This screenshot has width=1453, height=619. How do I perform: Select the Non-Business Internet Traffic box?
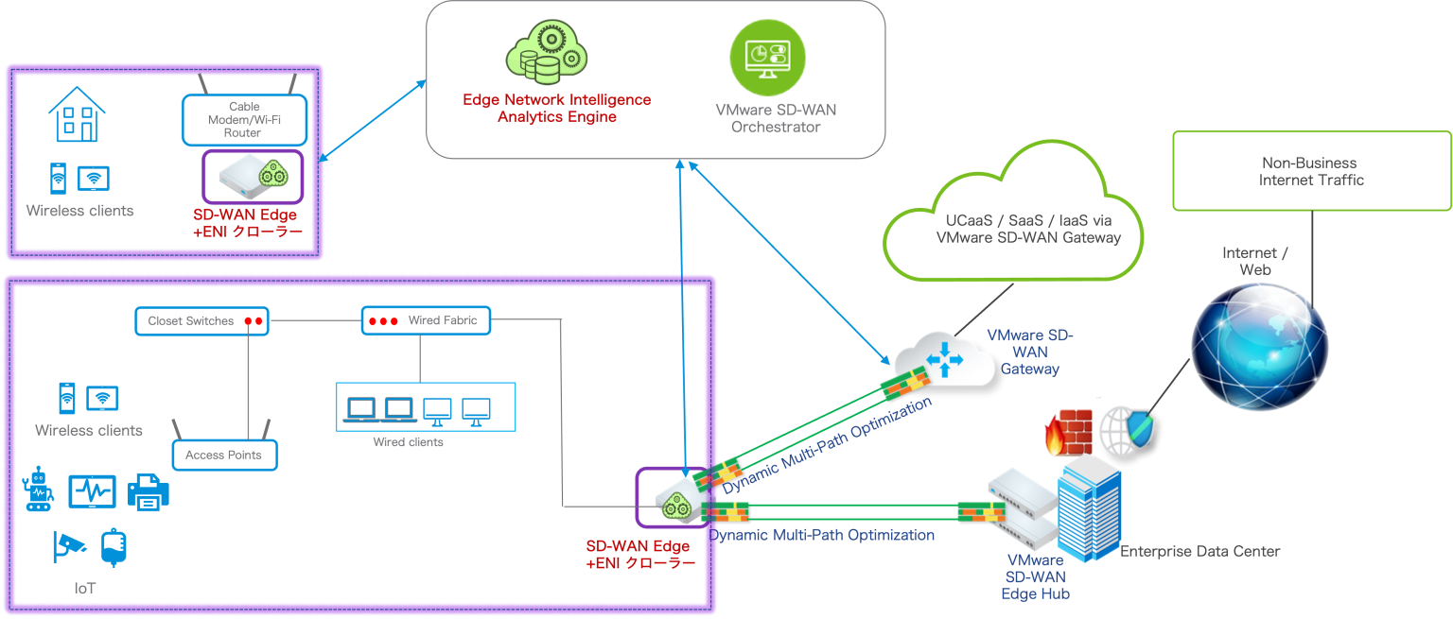[x=1311, y=171]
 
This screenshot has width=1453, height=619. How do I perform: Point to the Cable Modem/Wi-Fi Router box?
[x=244, y=120]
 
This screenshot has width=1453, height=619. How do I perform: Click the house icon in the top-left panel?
[x=77, y=115]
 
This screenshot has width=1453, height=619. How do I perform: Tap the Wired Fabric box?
[x=426, y=321]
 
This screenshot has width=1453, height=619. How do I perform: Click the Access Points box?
[x=230, y=456]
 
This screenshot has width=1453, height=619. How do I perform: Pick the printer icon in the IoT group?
[x=148, y=491]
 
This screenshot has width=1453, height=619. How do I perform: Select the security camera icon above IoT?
[x=70, y=546]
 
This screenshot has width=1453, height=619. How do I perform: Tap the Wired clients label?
[x=408, y=442]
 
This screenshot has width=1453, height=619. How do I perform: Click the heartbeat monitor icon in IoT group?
[x=92, y=491]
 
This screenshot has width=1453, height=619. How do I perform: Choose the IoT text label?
[x=85, y=588]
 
